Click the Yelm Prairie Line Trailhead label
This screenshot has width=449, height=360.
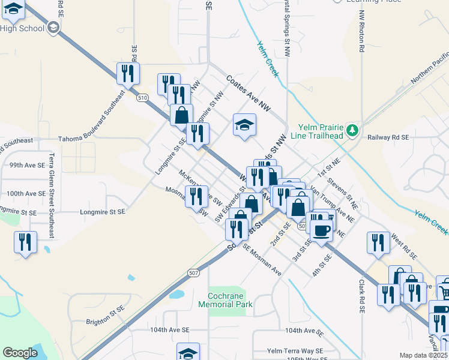(x=321, y=131)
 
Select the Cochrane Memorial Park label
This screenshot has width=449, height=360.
(x=225, y=300)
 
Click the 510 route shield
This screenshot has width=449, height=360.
(x=142, y=97)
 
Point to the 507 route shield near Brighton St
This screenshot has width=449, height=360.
(x=193, y=273)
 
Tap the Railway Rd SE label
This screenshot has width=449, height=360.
(x=388, y=137)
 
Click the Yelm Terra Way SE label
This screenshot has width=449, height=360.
(x=288, y=350)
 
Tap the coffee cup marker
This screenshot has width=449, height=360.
(x=321, y=230)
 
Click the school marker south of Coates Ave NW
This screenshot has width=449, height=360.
(x=244, y=125)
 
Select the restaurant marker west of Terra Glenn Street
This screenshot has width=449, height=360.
(x=25, y=242)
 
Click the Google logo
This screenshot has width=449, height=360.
(x=20, y=353)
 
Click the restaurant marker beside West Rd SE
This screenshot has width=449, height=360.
(x=378, y=242)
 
